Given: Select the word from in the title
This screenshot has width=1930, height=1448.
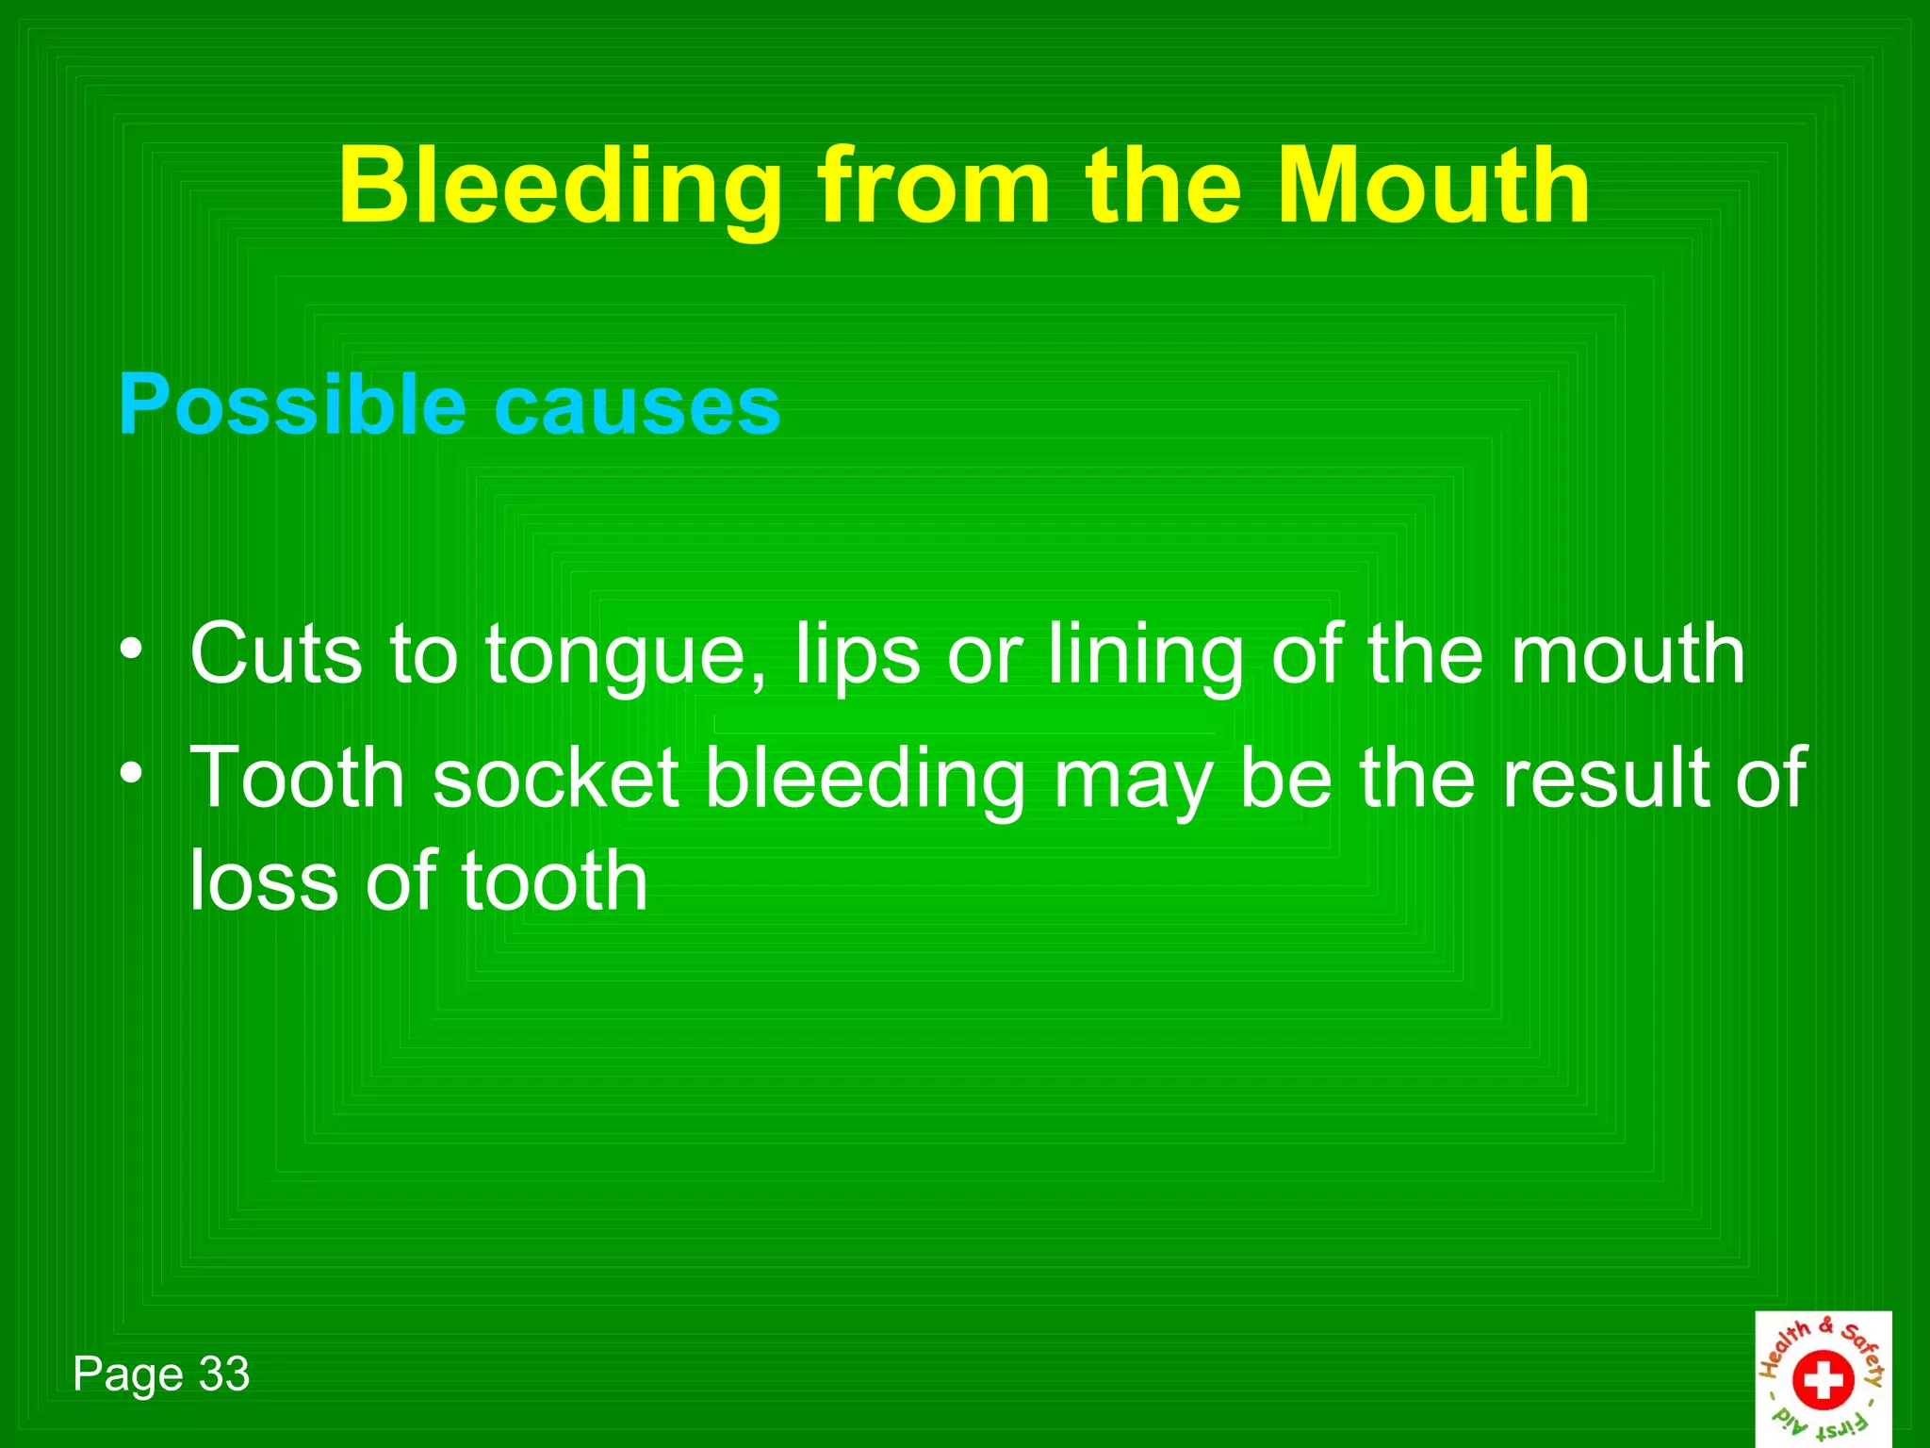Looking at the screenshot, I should (933, 187).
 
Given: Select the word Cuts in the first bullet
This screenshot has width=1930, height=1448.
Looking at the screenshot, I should (276, 653).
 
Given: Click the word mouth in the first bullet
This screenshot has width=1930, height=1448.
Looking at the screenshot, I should (1627, 653).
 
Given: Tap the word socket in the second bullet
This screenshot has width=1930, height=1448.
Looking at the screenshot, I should (556, 779).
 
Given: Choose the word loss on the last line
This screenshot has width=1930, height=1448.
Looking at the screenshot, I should (264, 880).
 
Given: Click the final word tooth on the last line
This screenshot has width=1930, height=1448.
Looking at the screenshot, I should (554, 880).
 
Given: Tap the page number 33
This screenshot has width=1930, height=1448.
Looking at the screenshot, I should (224, 1374).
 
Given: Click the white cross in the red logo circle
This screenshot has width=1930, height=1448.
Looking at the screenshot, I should (1823, 1381).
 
